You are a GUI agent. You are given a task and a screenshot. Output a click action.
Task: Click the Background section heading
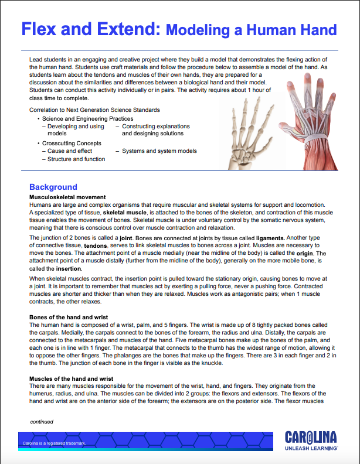pyautogui.click(x=53, y=187)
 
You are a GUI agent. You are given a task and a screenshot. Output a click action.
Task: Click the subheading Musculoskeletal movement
pyautogui.click(x=67, y=197)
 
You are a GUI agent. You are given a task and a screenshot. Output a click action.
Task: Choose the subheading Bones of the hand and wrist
pyautogui.click(x=69, y=317)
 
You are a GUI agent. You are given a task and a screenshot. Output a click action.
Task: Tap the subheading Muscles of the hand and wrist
pyautogui.click(x=71, y=378)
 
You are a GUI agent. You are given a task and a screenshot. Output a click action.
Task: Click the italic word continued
pyautogui.click(x=42, y=421)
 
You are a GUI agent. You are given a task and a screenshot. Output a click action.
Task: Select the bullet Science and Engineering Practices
pyautogui.click(x=87, y=119)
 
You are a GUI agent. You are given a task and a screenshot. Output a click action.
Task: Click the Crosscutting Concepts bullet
pyautogui.click(x=72, y=143)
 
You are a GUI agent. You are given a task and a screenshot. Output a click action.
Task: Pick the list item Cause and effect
pyautogui.click(x=70, y=151)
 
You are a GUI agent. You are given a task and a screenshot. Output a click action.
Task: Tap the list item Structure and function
pyautogui.click(x=76, y=159)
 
